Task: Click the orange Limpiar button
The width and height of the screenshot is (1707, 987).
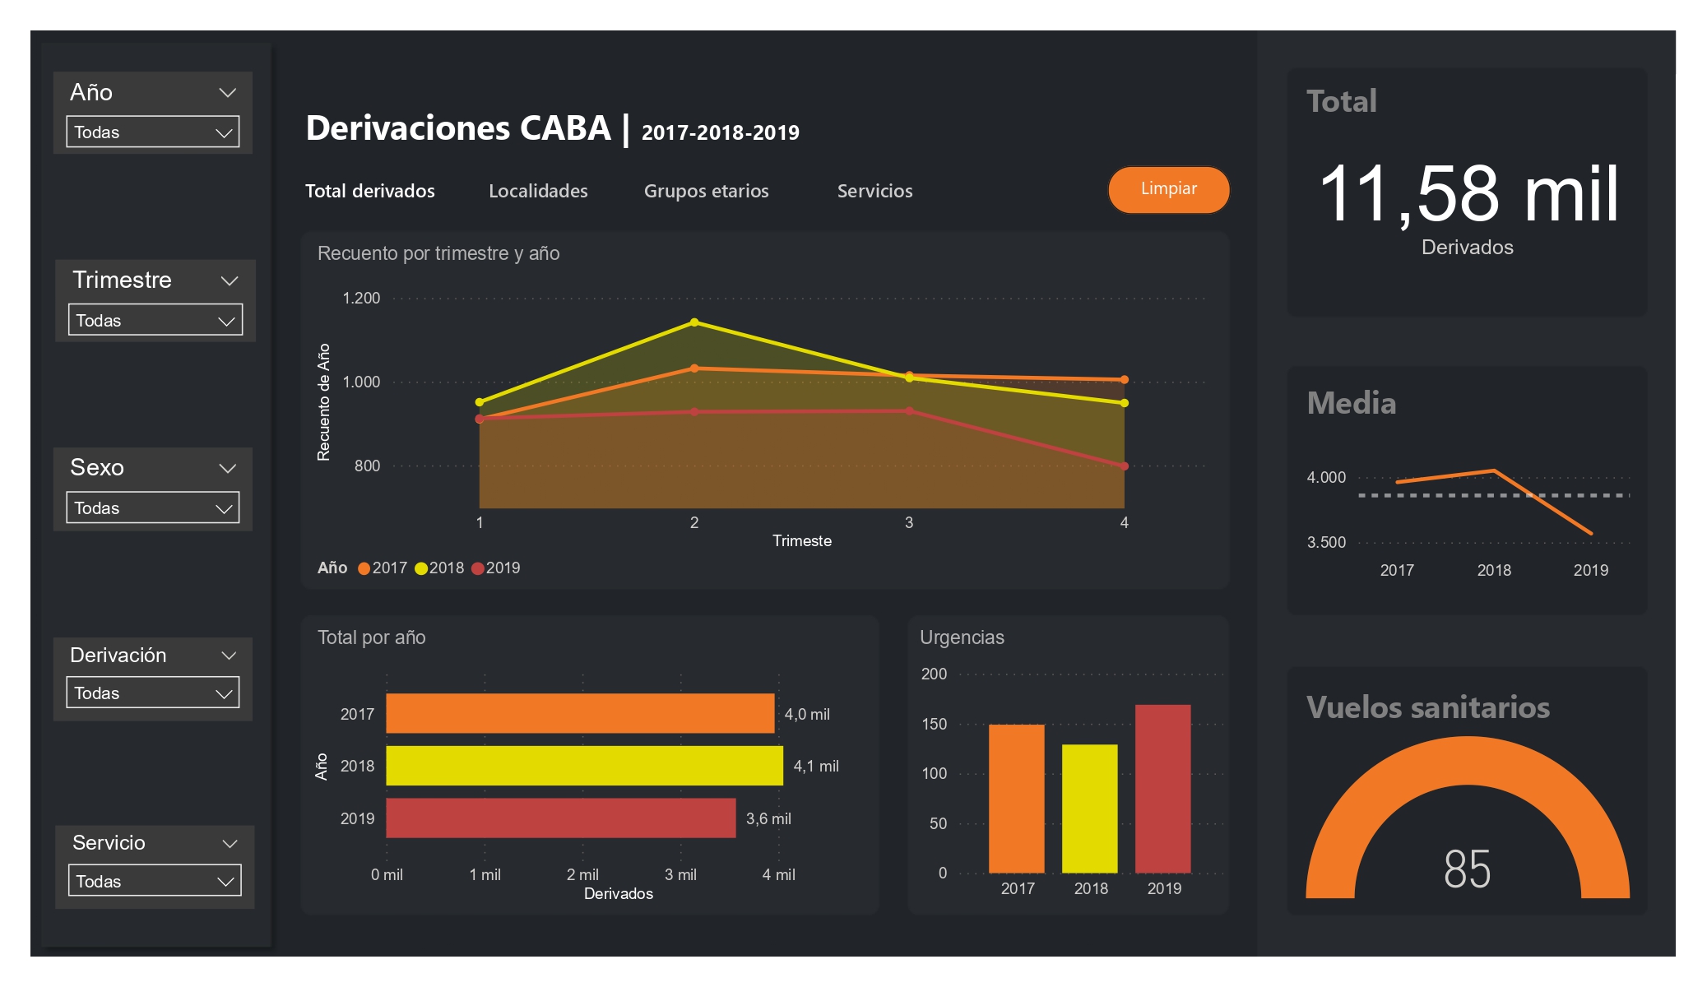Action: click(1168, 189)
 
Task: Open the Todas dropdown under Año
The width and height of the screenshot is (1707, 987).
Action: click(152, 132)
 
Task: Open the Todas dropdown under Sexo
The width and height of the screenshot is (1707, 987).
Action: click(152, 507)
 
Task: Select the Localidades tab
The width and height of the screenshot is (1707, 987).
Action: click(538, 191)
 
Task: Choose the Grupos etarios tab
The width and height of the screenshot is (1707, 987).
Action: click(706, 191)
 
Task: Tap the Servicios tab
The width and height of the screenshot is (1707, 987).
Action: click(874, 191)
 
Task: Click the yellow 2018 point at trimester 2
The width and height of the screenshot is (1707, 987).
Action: click(694, 322)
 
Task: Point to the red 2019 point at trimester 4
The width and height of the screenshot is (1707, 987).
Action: click(1124, 466)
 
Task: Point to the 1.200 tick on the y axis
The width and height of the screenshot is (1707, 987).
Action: click(361, 298)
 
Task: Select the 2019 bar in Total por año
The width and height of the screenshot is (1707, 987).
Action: click(560, 818)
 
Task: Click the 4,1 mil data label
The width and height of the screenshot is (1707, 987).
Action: click(815, 766)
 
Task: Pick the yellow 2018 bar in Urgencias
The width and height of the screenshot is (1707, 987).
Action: click(1089, 808)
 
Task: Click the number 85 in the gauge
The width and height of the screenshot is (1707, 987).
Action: click(1467, 869)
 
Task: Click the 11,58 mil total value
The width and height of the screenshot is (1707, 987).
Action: click(1468, 194)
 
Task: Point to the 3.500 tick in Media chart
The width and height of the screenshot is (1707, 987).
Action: click(1326, 542)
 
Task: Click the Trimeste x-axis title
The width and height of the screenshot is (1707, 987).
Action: click(801, 540)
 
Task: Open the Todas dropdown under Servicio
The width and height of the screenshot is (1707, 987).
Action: click(154, 881)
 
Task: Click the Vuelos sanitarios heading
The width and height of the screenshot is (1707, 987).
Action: click(1427, 707)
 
